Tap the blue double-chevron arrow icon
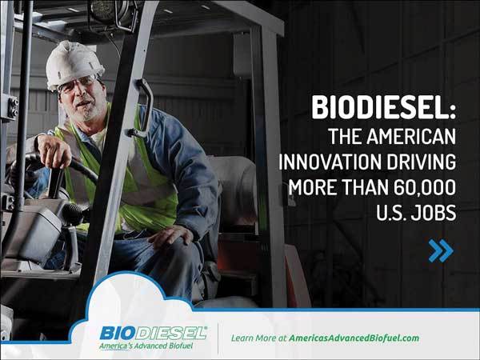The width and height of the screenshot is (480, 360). pos(440,250)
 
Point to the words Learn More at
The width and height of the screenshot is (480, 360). pos(258,338)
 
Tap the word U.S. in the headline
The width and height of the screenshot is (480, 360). pos(386,215)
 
